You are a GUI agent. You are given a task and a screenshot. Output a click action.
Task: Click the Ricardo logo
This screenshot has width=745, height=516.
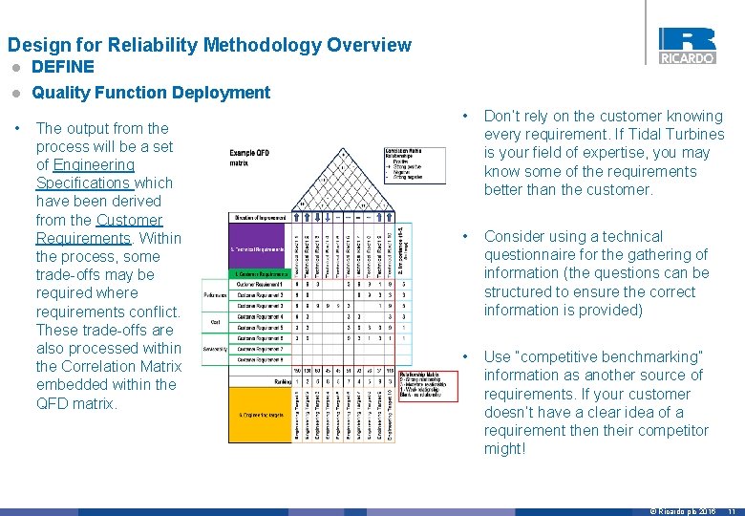click(x=686, y=45)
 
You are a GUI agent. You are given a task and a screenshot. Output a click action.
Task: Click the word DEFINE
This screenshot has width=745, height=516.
click(x=63, y=67)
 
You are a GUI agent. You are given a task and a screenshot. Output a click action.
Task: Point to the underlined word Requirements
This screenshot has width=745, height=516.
click(x=83, y=238)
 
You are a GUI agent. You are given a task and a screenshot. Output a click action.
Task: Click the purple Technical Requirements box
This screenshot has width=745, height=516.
click(x=258, y=249)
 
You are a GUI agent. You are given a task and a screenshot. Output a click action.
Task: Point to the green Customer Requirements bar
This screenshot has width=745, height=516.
click(x=258, y=274)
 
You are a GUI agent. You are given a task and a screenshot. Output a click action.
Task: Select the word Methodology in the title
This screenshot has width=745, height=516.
click(x=249, y=45)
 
